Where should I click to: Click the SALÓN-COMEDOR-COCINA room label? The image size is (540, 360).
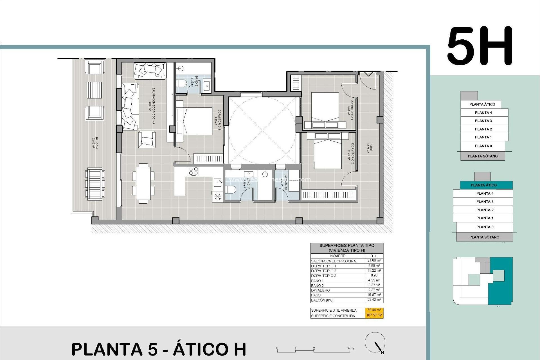tap(152, 105)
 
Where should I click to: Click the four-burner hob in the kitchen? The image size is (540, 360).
tap(193, 171)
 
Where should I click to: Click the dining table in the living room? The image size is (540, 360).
tap(143, 183)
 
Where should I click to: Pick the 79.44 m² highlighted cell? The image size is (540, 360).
tap(374, 310)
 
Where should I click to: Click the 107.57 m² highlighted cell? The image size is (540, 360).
tap(374, 316)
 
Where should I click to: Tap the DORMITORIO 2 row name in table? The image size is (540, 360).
tap(323, 271)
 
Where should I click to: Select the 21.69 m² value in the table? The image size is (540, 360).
tap(374, 261)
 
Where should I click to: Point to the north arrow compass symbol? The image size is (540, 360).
tap(375, 343)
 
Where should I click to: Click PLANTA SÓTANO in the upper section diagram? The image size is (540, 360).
tap(483, 156)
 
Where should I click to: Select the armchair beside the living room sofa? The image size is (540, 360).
tap(147, 139)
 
